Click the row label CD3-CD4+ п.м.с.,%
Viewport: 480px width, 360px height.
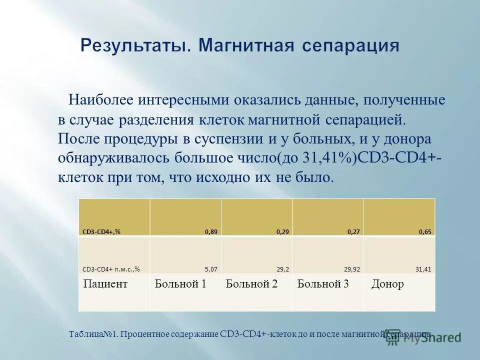point(110,269)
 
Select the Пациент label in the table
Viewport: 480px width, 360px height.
point(105,284)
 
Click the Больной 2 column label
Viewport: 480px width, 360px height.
point(251,284)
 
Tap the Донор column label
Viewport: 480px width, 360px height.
point(387,284)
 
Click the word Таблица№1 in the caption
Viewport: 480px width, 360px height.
point(93,333)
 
